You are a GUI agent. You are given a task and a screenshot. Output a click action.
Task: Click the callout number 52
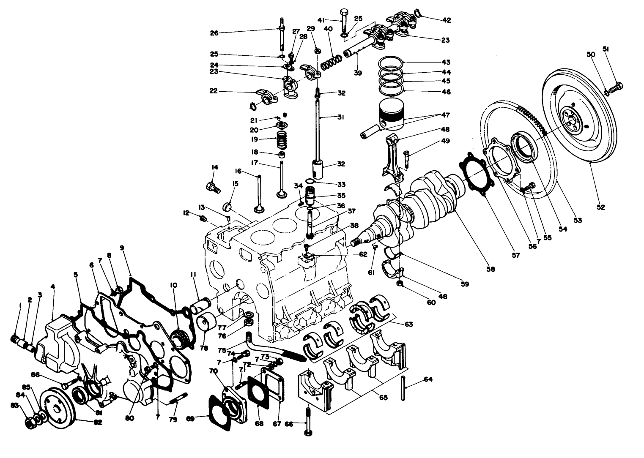(x=601, y=207)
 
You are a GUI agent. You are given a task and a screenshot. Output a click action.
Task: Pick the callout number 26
(x=214, y=33)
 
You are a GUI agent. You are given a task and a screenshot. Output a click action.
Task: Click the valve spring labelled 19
(x=281, y=140)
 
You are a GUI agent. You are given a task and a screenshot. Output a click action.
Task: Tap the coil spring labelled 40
(x=332, y=63)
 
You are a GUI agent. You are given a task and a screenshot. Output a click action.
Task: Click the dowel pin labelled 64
(x=403, y=388)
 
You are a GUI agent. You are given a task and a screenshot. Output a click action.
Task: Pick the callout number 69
(x=190, y=419)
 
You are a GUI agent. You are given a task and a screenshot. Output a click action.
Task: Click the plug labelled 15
(x=229, y=207)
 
